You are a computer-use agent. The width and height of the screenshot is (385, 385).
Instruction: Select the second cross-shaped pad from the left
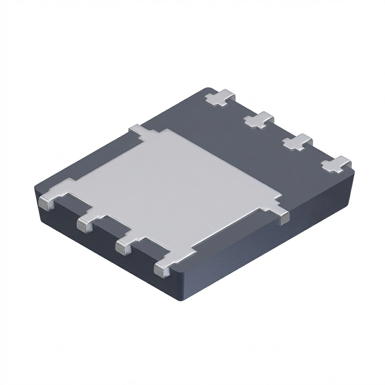[x=259, y=120]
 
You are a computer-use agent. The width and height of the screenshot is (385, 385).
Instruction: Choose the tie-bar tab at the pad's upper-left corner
[x=138, y=131]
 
